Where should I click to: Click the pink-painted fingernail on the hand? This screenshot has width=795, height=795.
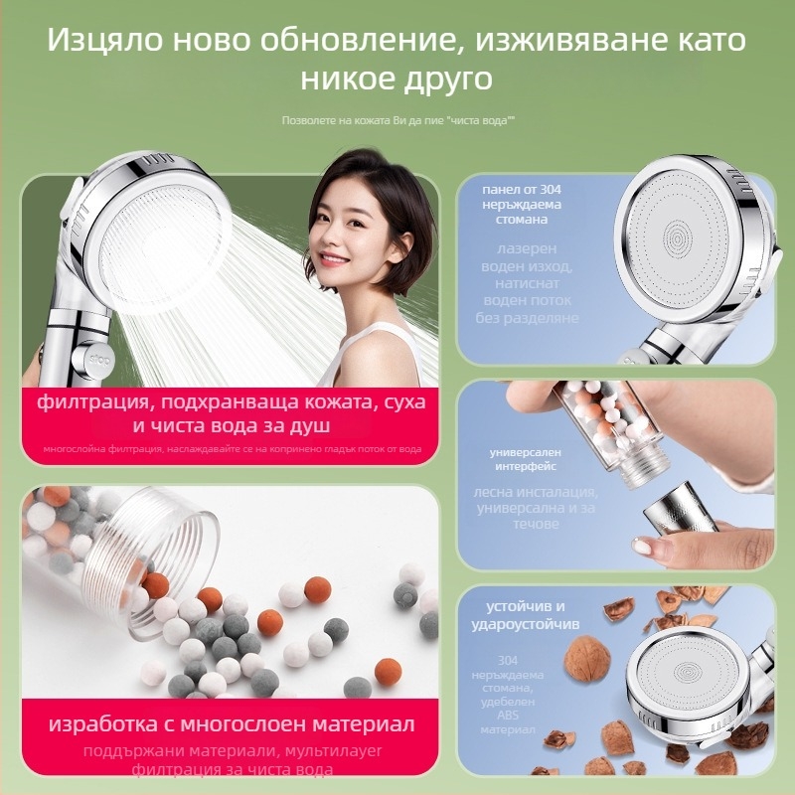(641, 547)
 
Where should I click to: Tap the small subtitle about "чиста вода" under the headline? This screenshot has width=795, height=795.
(397, 120)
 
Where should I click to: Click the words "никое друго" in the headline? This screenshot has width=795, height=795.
(397, 79)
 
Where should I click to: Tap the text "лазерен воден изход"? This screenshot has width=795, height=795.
(529, 261)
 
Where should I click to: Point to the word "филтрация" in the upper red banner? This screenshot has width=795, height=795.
(85, 404)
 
